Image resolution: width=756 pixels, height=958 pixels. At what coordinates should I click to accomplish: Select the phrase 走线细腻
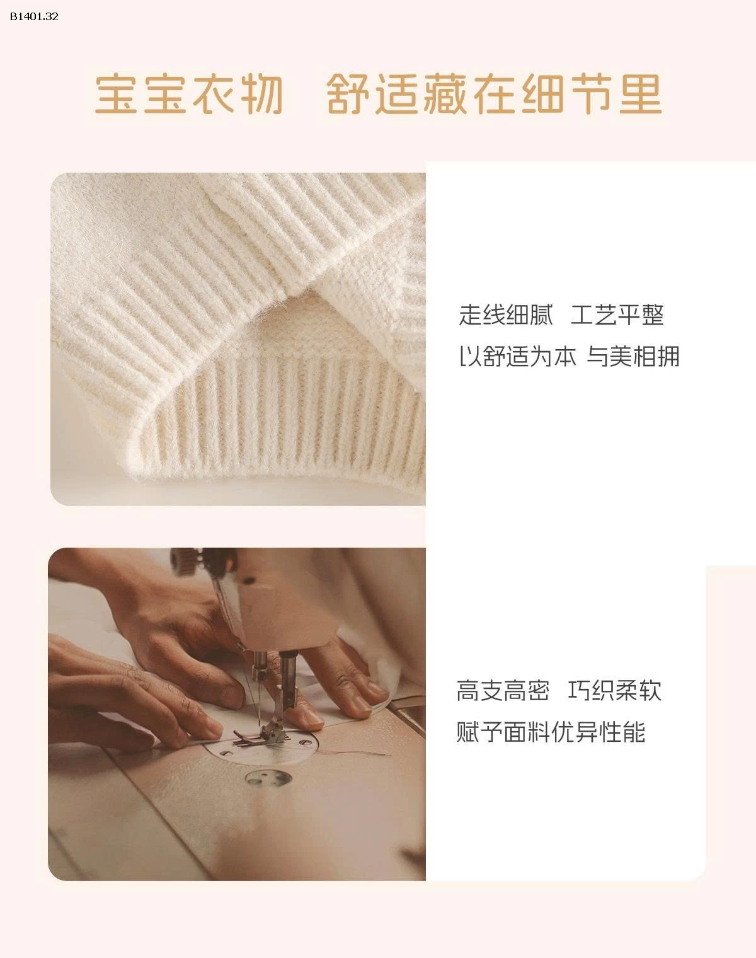click(x=505, y=315)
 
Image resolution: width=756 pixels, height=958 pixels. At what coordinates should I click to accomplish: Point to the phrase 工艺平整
click(x=617, y=315)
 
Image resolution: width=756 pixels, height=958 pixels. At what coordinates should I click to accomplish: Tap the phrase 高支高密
click(x=503, y=691)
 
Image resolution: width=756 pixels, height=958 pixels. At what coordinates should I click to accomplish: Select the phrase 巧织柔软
click(x=614, y=691)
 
